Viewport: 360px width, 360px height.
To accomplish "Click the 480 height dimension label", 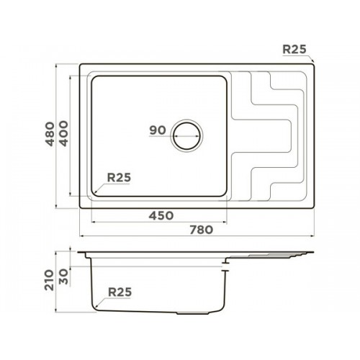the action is click(x=50, y=134).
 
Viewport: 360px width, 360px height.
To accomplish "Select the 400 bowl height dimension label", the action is click(x=64, y=134).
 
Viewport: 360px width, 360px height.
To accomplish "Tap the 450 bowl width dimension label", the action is click(x=161, y=215).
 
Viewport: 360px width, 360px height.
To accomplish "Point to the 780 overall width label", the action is click(x=202, y=230).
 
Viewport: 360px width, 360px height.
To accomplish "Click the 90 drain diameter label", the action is click(x=158, y=130).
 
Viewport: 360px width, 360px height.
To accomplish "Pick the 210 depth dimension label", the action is click(x=49, y=280).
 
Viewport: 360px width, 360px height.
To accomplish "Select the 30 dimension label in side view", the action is click(x=64, y=276).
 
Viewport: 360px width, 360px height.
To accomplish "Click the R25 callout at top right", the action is click(x=294, y=49).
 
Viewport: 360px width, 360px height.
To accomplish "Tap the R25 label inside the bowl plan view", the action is click(x=119, y=178).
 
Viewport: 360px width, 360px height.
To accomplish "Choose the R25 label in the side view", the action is click(x=120, y=292).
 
